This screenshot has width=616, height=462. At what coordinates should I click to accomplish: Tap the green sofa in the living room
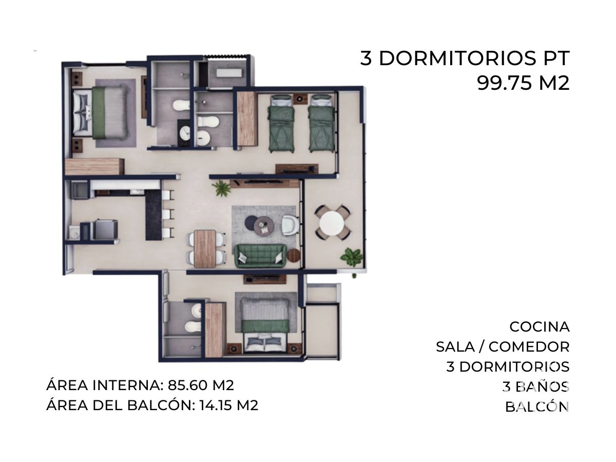coord(260,256)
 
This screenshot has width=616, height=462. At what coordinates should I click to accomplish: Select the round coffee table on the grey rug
coord(264,227)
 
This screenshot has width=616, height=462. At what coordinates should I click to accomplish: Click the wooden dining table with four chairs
coord(205,248)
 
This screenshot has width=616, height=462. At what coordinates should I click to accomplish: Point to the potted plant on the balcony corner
coord(351,256)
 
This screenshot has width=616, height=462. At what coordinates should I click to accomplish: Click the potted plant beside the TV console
coord(221,188)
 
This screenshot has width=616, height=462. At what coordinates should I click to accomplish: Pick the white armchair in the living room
coord(291,225)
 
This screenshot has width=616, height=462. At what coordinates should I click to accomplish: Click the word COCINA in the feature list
coord(539,327)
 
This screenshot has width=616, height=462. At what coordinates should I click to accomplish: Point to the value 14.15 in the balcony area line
coord(216,406)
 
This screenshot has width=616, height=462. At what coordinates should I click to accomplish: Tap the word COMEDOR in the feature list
coord(529,347)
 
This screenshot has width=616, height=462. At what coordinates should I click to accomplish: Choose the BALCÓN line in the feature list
coord(537,407)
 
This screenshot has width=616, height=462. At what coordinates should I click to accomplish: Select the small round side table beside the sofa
coord(293,255)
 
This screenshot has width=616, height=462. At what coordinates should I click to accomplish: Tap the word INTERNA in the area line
coord(128,385)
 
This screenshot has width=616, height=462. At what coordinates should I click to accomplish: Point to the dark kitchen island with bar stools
coord(154,216)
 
